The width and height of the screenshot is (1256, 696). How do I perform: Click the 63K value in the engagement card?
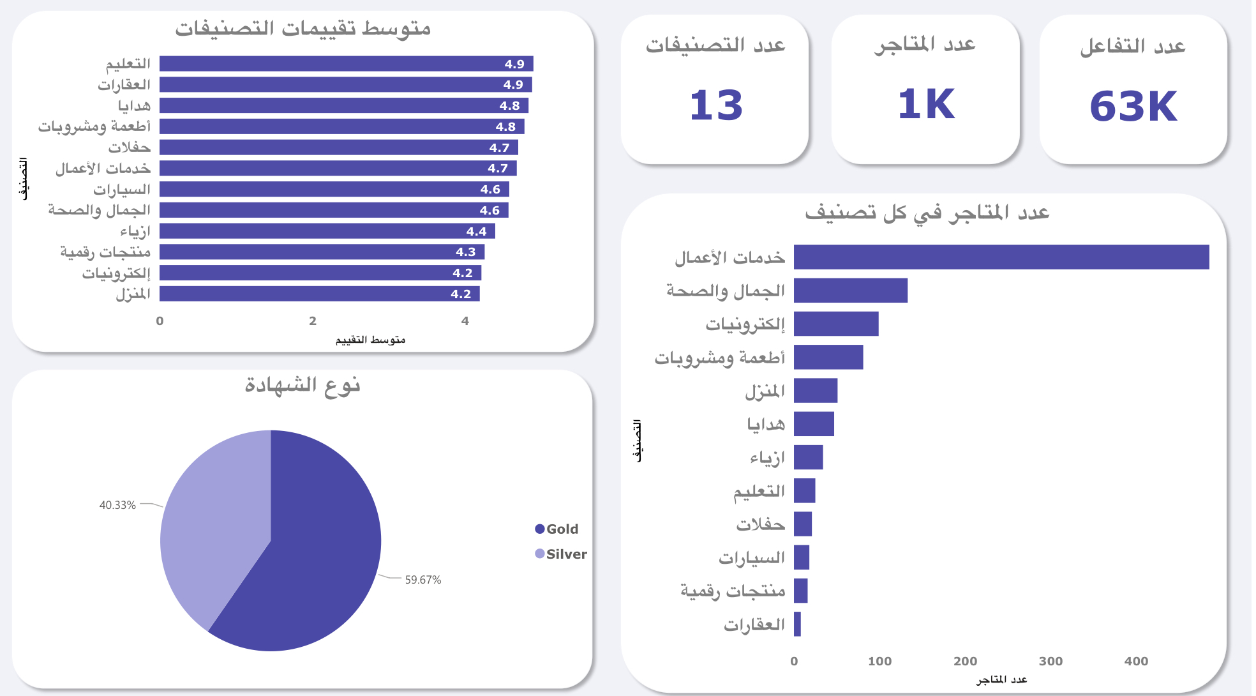1133,107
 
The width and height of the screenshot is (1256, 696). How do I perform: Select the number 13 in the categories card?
716,105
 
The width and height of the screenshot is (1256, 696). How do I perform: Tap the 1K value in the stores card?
926,105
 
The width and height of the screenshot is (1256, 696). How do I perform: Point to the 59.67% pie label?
422,580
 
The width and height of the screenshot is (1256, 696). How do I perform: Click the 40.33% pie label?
117,505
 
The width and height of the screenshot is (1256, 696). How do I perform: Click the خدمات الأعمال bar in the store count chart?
1001,257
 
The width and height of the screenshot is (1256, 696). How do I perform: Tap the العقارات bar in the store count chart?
797,624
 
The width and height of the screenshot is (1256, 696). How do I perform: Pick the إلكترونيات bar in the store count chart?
836,324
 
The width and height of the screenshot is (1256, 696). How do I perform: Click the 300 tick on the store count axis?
1050,662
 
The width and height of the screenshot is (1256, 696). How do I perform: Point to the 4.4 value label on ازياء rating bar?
476,231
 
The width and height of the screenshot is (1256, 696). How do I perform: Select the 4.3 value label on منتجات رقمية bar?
465,252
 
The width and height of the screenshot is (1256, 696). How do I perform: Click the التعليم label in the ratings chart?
128,64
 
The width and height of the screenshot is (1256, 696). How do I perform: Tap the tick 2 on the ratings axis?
313,321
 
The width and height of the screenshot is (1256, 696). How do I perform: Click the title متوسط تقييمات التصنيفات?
303,29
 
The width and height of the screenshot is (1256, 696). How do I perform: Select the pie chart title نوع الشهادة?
303,385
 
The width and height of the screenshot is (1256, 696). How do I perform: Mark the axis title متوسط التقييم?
370,340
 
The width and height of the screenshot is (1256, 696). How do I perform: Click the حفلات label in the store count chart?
760,525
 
